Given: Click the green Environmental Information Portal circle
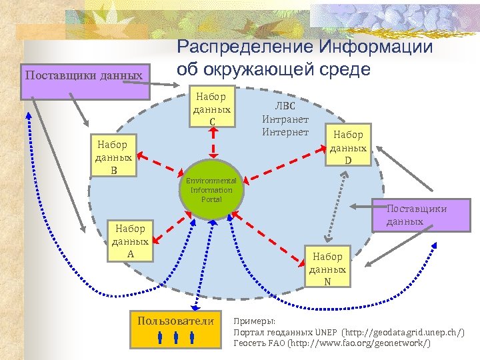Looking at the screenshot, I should point(211,189).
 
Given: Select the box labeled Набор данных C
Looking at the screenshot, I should point(211,108).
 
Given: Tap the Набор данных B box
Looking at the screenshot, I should point(114,156).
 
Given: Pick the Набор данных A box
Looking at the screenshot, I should point(131,241).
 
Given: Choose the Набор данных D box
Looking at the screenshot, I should point(347,146).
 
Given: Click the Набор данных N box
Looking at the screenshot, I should point(327,268).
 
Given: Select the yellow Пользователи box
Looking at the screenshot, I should point(176,329).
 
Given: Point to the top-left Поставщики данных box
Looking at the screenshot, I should point(84,76).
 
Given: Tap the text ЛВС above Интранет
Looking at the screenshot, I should point(285,107).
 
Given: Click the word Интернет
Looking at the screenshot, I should point(285,131).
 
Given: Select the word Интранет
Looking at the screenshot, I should point(285,119).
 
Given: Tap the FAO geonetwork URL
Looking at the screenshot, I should point(361,343).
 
